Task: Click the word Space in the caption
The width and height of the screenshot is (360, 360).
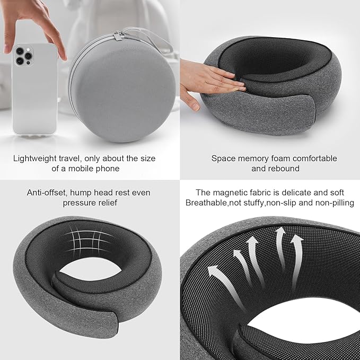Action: point(222,158)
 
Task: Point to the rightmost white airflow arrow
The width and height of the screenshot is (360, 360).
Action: point(296,249)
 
